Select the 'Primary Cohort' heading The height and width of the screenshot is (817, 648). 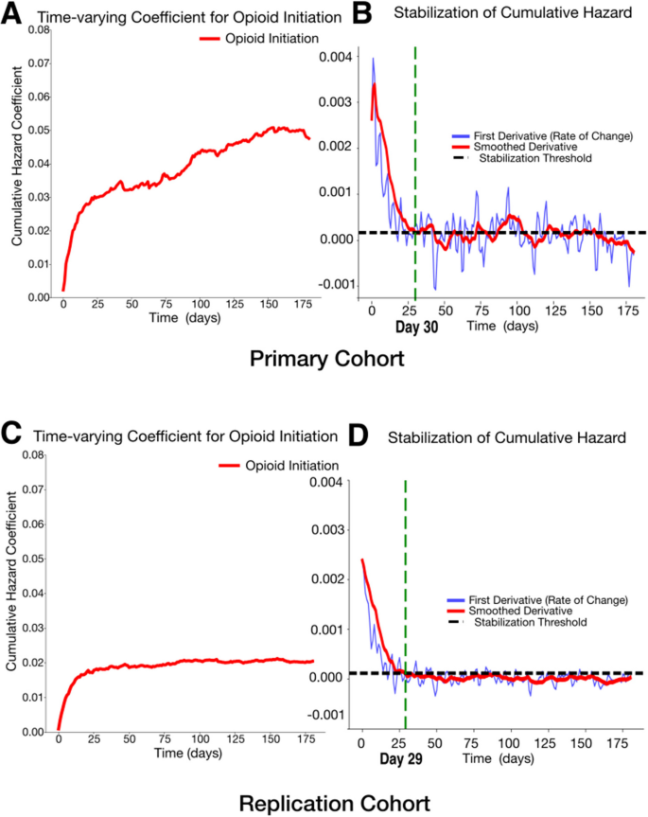(323, 361)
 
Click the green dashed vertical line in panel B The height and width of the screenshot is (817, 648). (415, 142)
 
